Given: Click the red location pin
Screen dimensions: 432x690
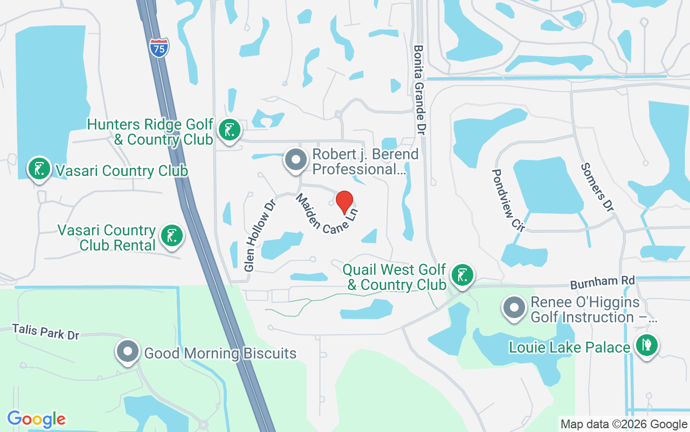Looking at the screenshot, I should click(x=344, y=203).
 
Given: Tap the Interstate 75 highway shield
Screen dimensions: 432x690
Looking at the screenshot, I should click(x=159, y=48).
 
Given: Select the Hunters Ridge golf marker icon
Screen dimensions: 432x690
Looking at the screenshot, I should click(x=230, y=131).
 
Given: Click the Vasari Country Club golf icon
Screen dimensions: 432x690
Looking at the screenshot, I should click(x=39, y=169).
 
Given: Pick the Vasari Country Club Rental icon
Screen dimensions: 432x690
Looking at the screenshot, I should click(x=171, y=236).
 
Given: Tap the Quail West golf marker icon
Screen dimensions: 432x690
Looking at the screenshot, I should click(x=462, y=275).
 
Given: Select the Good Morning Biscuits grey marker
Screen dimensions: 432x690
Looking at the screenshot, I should click(x=128, y=352).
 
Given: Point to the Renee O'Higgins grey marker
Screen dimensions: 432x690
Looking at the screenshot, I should click(x=514, y=308).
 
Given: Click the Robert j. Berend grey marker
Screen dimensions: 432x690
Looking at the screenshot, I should click(x=295, y=160).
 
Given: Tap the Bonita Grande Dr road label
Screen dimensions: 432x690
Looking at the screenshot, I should click(x=420, y=90).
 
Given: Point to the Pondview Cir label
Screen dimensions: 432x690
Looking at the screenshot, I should click(x=507, y=200).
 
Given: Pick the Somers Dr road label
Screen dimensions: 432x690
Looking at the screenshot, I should click(x=597, y=187).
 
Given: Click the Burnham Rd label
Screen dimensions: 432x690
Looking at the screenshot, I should click(x=603, y=282).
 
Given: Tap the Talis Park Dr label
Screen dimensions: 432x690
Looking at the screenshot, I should click(x=46, y=332).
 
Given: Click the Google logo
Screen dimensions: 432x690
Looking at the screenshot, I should click(x=37, y=419).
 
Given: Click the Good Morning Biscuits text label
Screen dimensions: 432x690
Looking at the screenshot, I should click(x=220, y=354).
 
